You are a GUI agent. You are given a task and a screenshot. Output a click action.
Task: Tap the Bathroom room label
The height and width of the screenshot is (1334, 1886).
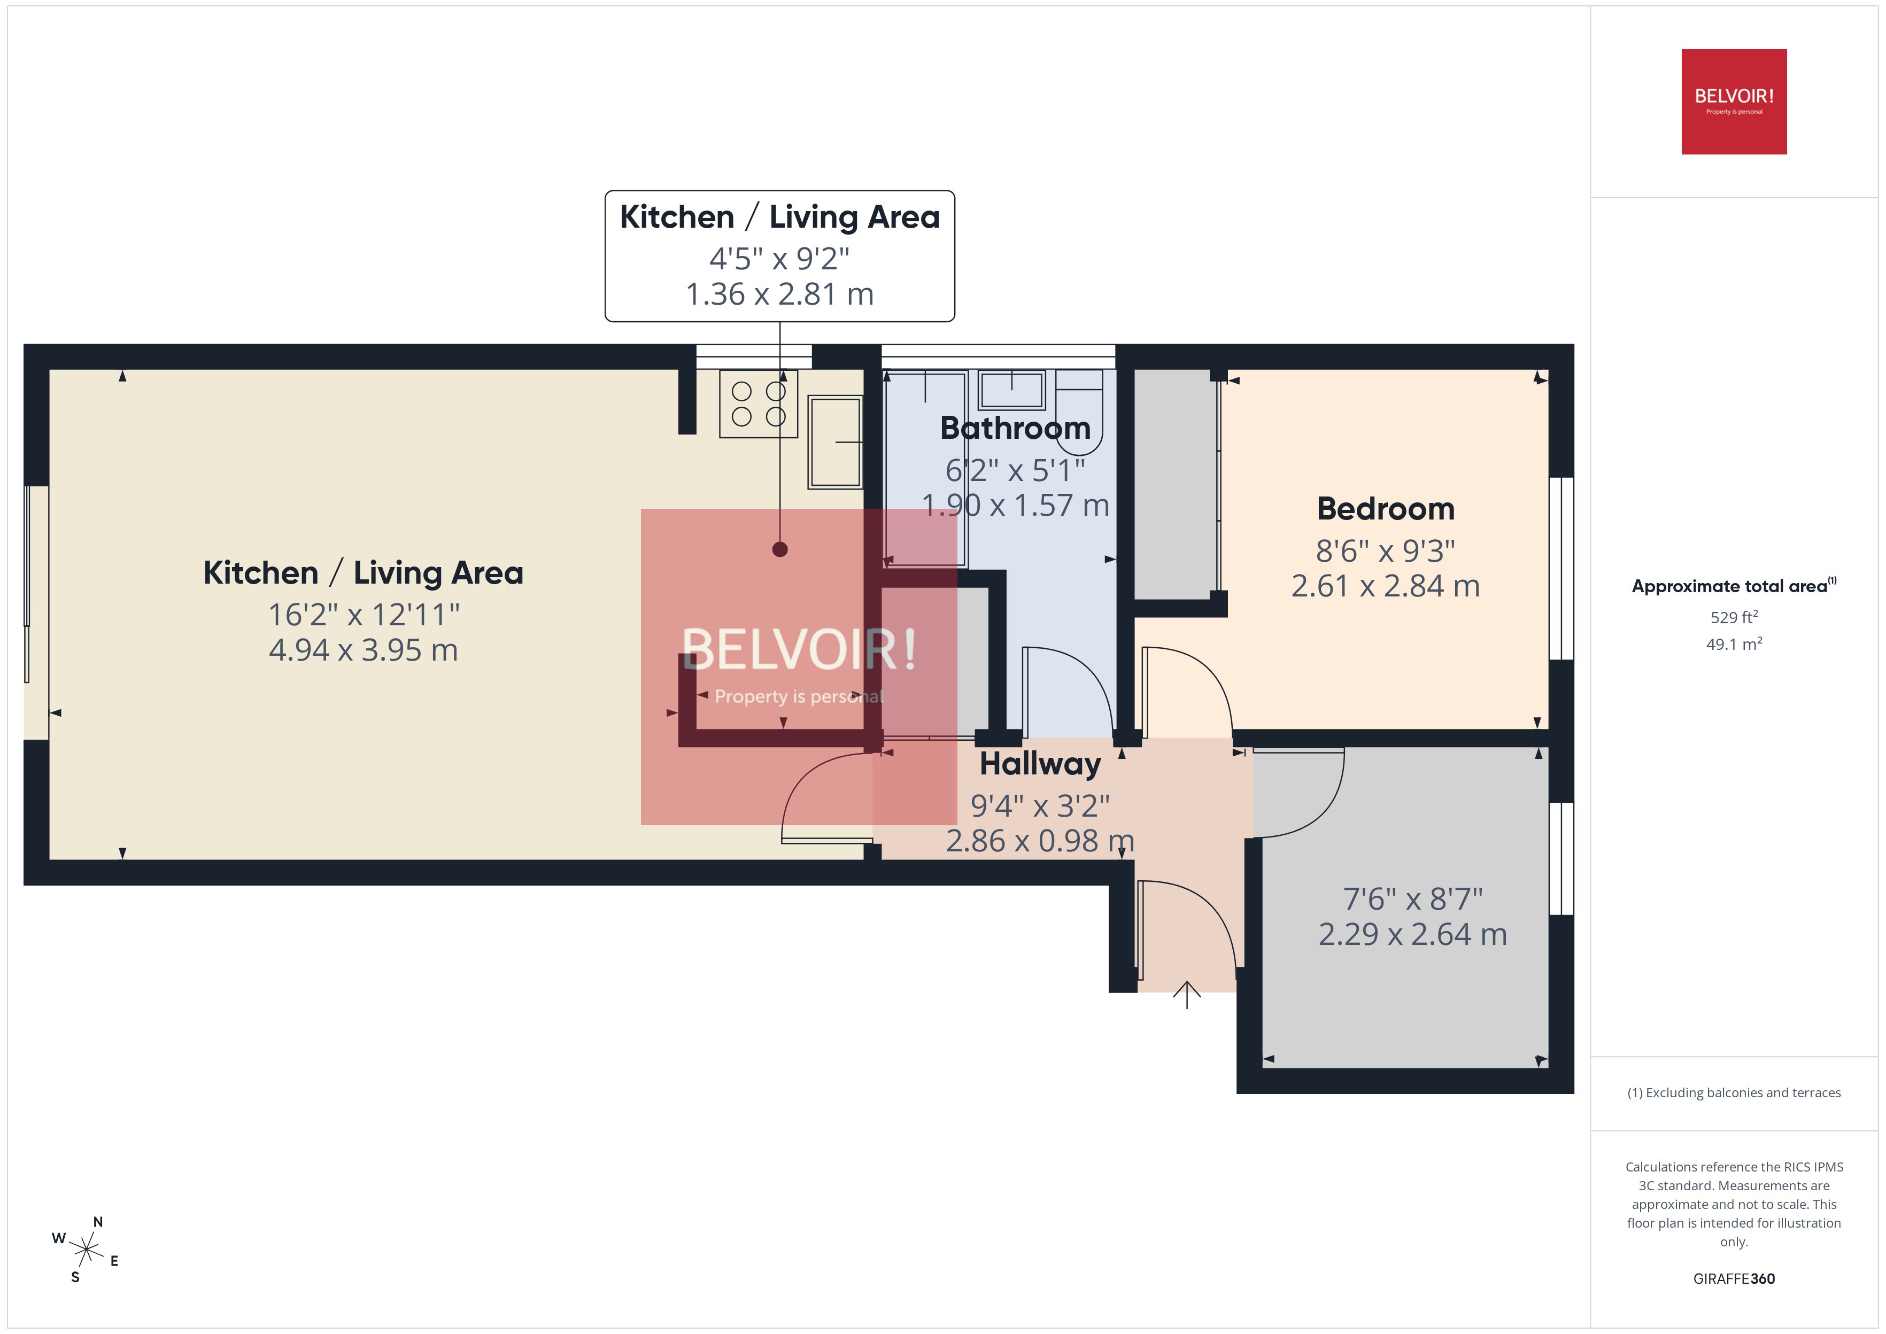click(x=1015, y=428)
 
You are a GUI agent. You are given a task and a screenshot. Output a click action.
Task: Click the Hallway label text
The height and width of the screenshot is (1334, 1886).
click(x=1040, y=764)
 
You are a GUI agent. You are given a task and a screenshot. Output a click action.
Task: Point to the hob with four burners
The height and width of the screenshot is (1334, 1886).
click(x=758, y=404)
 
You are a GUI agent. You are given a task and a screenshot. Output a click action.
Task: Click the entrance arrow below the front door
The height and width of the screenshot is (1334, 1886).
click(x=1187, y=994)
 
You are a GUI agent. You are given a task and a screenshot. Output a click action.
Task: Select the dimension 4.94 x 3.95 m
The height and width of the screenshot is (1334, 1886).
click(x=363, y=650)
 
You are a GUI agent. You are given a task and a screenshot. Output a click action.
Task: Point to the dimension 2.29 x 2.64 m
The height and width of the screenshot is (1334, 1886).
click(x=1412, y=934)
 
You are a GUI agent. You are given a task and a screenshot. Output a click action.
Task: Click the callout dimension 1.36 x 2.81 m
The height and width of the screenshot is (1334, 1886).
click(x=779, y=294)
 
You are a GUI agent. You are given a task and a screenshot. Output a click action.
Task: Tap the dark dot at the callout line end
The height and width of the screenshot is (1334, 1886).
click(x=779, y=549)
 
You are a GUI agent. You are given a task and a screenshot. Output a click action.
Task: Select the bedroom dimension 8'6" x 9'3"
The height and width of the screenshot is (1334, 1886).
click(x=1386, y=550)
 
